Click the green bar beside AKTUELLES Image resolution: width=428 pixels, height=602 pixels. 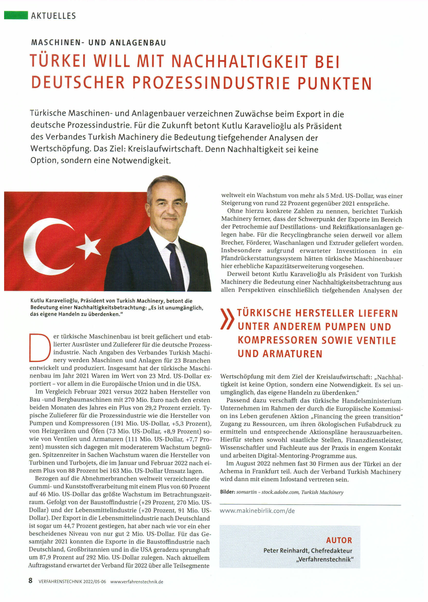coord(16,15)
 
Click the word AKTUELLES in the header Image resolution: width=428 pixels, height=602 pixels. coord(53,16)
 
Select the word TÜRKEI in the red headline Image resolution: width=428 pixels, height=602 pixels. coord(58,61)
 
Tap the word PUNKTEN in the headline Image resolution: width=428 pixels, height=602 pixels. coord(334,83)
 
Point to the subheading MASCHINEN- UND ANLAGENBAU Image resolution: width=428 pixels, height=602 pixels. coord(99,43)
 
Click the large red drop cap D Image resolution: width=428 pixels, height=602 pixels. coord(40,347)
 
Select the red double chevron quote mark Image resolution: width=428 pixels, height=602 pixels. coord(227,319)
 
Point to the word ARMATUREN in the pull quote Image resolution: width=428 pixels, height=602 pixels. coord(292,354)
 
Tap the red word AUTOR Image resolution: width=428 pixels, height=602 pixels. coord(339,540)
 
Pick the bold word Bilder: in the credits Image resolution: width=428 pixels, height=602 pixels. coord(227,492)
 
